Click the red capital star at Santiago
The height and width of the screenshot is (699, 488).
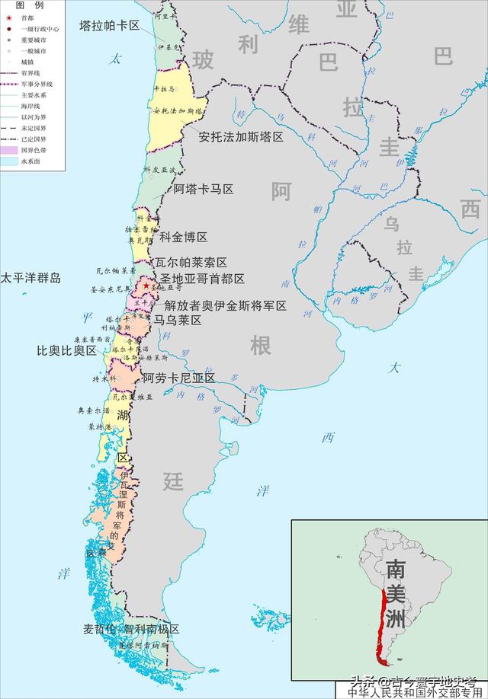point(146,286)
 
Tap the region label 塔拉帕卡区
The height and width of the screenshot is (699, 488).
point(109,25)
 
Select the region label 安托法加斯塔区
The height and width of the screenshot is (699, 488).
point(241,137)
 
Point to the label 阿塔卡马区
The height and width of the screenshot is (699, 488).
point(203,189)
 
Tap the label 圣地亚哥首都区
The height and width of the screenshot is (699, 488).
point(202,279)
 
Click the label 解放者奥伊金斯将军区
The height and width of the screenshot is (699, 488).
point(226,305)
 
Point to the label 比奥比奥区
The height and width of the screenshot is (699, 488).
point(67,351)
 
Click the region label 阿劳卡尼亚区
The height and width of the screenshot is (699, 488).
point(179,378)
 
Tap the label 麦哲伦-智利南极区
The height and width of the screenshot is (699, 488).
point(131,630)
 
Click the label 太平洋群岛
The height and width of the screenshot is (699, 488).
point(30,278)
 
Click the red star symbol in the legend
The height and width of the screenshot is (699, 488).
point(8,18)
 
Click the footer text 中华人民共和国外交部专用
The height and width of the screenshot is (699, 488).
point(416,693)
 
